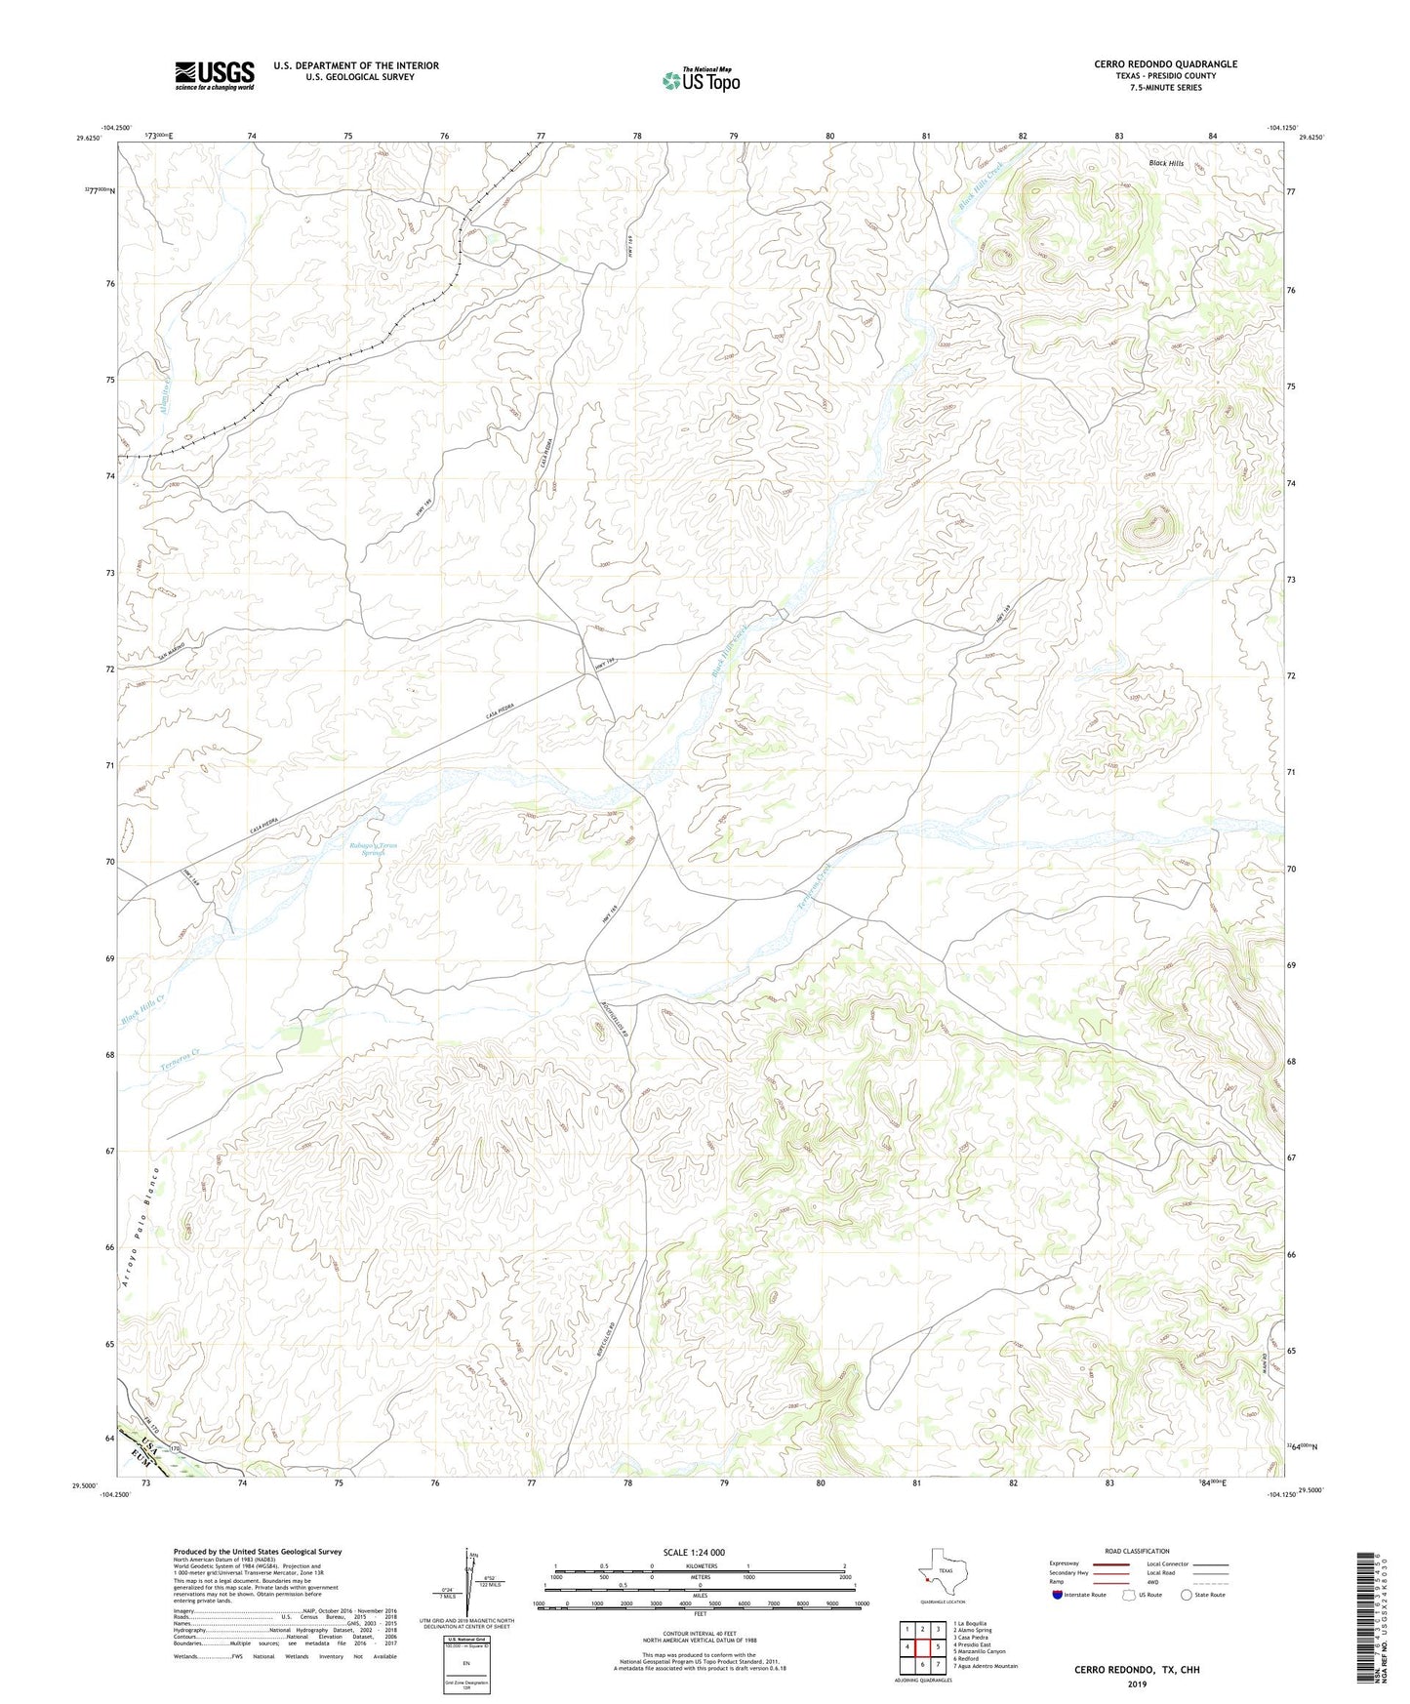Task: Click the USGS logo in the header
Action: pyautogui.click(x=215, y=75)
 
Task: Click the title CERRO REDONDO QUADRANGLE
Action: pyautogui.click(x=1165, y=64)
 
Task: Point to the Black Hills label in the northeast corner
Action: pyautogui.click(x=1166, y=163)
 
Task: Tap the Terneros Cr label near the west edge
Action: pyautogui.click(x=181, y=1061)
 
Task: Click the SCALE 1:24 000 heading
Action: pyautogui.click(x=693, y=1552)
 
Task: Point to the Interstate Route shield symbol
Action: pyautogui.click(x=1059, y=1595)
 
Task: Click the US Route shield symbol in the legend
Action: pyautogui.click(x=1130, y=1595)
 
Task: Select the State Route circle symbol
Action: pyautogui.click(x=1187, y=1595)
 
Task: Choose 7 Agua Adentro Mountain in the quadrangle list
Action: pyautogui.click(x=985, y=1666)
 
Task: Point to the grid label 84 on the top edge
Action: pyautogui.click(x=1213, y=136)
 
